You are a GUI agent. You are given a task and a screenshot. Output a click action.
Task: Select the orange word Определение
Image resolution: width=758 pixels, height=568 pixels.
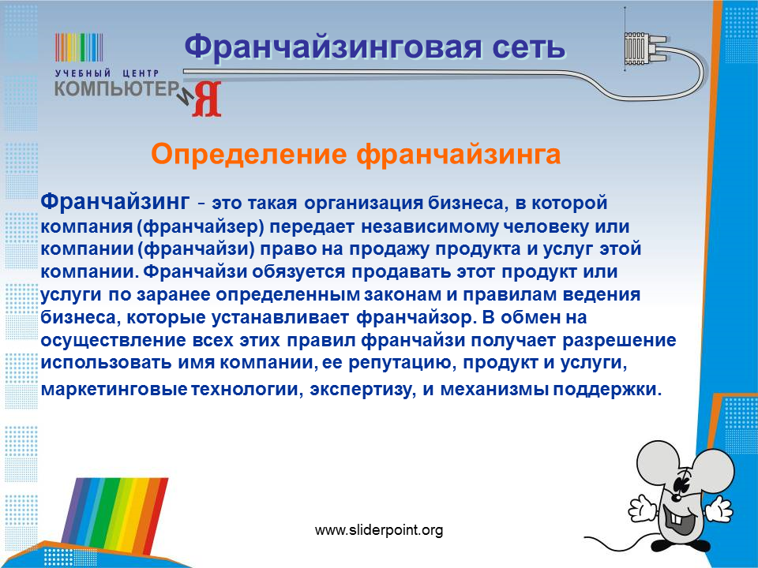coord(249,155)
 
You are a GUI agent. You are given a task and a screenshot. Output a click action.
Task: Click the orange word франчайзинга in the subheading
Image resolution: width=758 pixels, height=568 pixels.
coord(458,155)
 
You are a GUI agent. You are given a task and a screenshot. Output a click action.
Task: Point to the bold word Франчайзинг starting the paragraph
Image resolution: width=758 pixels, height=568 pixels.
coord(115,201)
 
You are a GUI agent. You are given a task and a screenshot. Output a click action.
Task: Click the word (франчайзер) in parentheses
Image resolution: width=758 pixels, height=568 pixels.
coord(203,226)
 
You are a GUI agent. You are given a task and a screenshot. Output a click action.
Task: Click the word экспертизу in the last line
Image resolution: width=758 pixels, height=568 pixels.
coord(362,389)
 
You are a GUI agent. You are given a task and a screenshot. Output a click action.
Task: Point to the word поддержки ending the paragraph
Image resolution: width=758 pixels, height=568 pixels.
coord(606,389)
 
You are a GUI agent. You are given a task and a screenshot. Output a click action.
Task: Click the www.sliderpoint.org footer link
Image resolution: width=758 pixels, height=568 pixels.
coord(379,530)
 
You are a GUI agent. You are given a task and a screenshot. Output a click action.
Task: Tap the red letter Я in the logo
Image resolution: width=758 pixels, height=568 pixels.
coord(206,99)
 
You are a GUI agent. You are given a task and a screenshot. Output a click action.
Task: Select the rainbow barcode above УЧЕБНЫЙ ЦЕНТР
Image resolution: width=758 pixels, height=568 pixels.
coord(79,47)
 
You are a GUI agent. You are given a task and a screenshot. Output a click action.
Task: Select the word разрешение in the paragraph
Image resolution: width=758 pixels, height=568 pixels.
coord(619,341)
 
